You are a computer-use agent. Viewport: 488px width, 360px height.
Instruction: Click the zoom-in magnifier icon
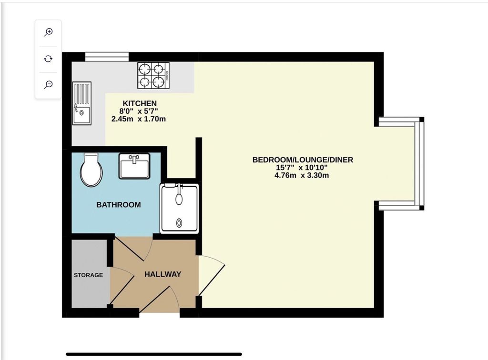(48, 32)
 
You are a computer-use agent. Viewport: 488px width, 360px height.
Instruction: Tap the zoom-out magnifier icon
(48, 85)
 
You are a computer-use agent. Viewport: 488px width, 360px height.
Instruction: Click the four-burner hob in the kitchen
(154, 75)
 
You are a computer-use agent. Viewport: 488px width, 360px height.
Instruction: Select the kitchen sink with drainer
(82, 103)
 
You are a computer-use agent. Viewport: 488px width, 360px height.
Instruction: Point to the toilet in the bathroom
(91, 170)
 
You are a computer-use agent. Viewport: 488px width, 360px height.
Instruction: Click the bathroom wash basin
(134, 166)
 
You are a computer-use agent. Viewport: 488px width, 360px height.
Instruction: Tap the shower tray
(179, 208)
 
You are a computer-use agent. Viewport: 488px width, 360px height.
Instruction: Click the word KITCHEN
(140, 103)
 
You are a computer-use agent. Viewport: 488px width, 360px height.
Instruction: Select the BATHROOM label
(119, 205)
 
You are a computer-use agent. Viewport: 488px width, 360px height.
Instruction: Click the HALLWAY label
(163, 274)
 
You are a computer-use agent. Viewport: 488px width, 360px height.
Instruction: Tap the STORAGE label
(88, 275)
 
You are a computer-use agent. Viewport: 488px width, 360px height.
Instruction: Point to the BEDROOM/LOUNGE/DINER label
(303, 160)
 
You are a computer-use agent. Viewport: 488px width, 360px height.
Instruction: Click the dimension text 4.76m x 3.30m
(302, 175)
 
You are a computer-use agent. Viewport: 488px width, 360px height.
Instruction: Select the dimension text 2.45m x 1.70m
(139, 119)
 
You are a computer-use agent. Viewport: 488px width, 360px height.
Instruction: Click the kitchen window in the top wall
(107, 57)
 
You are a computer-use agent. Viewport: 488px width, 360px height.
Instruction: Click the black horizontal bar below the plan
(154, 354)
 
